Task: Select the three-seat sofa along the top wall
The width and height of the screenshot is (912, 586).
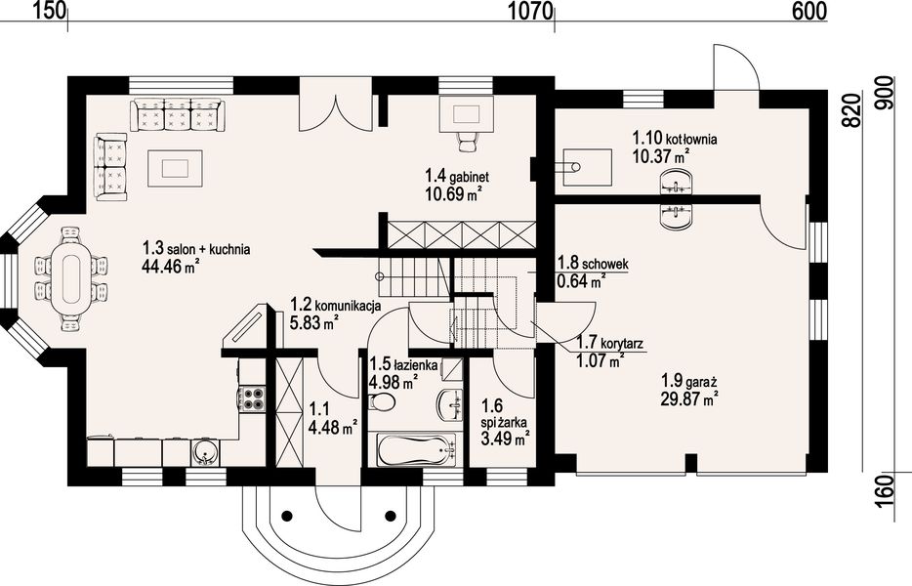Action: (x=177, y=114)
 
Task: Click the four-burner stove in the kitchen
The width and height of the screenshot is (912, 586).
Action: (x=252, y=398)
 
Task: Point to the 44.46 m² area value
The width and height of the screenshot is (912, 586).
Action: (x=171, y=266)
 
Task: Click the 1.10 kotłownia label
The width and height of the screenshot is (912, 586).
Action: (x=674, y=140)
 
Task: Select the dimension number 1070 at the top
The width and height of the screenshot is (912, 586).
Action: (x=531, y=11)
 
